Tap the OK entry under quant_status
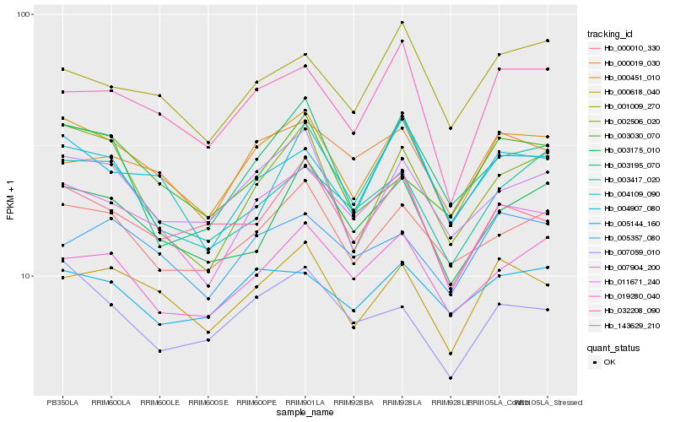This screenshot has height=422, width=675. point(609,361)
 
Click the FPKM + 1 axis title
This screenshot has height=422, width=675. point(11,203)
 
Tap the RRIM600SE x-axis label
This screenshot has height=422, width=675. point(208,402)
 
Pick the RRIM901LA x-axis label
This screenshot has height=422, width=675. point(305,402)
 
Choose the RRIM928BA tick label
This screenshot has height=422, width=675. point(354,402)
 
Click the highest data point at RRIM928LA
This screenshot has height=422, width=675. point(402,23)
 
